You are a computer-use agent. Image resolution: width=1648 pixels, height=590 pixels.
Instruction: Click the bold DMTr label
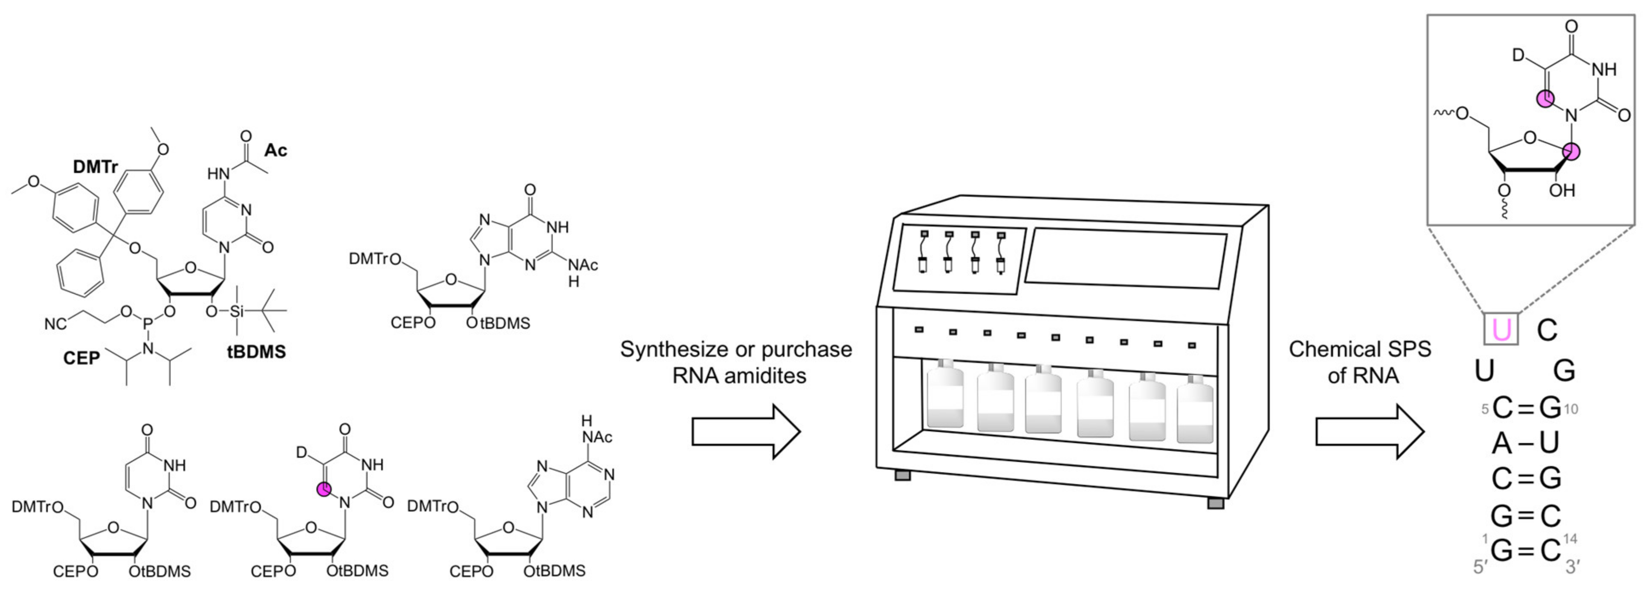96,167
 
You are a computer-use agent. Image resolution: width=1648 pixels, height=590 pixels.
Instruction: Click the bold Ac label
276,150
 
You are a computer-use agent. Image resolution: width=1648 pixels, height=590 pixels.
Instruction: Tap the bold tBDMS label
257,352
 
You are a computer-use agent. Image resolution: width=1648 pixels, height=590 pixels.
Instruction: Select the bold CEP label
81,358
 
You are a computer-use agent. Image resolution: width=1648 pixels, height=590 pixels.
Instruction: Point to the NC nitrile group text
56,324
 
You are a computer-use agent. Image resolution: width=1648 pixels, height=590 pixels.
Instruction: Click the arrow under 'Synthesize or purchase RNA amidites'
745,431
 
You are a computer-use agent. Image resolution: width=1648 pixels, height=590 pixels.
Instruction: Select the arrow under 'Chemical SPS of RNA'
1369,431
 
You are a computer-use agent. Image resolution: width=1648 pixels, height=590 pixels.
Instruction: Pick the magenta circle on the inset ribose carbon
1571,152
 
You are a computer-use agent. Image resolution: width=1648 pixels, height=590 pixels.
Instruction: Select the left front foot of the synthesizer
902,475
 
